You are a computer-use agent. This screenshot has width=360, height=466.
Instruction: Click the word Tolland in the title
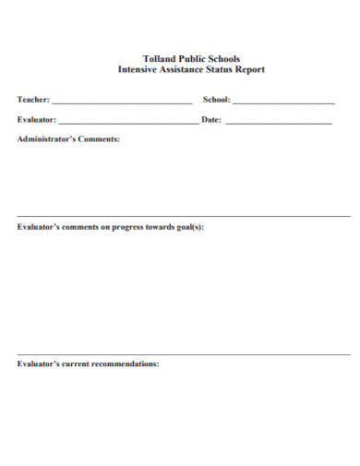(x=160, y=58)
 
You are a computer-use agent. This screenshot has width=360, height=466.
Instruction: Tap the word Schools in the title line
(x=222, y=58)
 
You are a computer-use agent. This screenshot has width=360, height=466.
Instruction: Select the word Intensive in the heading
(x=138, y=69)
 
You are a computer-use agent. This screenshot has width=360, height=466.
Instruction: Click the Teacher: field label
(x=34, y=100)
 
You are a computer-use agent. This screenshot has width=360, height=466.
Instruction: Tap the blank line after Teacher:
(x=123, y=102)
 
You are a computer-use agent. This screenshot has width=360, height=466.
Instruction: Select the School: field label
(x=216, y=100)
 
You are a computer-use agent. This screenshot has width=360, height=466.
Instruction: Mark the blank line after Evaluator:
(x=127, y=122)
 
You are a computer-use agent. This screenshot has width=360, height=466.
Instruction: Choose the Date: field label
(x=211, y=120)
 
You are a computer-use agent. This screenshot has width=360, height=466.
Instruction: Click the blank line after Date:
(x=279, y=122)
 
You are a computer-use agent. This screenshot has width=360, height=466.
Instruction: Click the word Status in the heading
(x=219, y=69)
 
